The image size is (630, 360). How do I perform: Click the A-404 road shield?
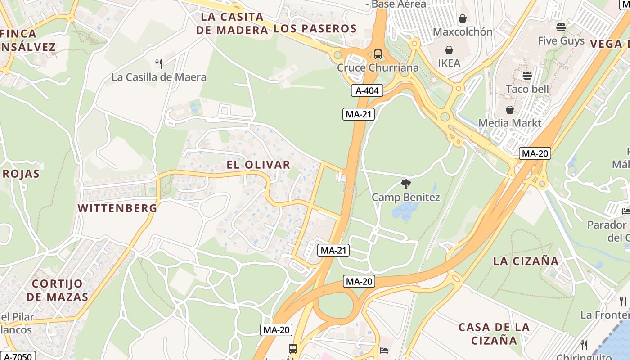[367, 90]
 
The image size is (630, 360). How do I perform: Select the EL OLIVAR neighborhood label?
[258, 165]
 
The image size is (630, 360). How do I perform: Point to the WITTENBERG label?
[117, 208]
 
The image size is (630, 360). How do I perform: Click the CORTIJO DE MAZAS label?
[58, 290]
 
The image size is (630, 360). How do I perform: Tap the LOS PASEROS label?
[315, 29]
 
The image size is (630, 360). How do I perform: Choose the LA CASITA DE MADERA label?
[232, 23]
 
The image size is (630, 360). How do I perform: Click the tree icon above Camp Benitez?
[405, 184]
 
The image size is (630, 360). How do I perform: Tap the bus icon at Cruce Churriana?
[378, 54]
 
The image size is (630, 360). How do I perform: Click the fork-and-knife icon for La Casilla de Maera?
[158, 63]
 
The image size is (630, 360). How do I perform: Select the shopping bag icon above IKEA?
[449, 50]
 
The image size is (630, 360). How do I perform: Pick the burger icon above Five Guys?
[561, 27]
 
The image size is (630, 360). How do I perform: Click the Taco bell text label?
[527, 89]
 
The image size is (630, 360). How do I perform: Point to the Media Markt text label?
[510, 123]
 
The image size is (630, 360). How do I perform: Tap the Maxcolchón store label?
[463, 32]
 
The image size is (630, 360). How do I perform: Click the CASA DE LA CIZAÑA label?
[494, 333]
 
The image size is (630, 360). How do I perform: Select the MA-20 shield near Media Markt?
[535, 153]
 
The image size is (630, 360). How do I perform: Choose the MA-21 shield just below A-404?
[358, 114]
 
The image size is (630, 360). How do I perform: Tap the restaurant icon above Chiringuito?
[584, 345]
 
